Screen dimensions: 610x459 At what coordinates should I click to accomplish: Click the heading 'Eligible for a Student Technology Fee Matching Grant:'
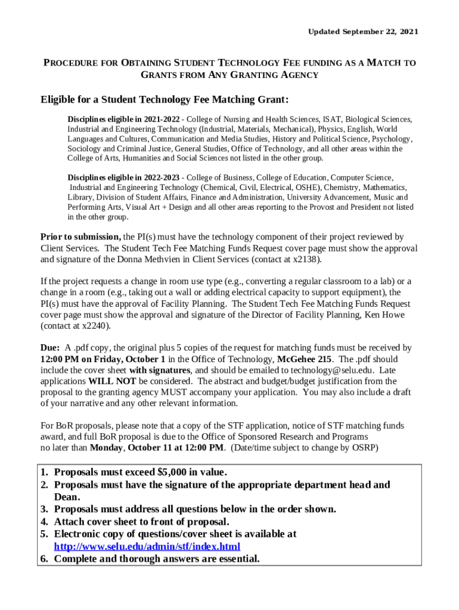[165, 99]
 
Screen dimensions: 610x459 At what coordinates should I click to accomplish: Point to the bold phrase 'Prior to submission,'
[80, 236]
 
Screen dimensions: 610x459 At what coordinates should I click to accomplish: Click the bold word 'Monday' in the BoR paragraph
[107, 447]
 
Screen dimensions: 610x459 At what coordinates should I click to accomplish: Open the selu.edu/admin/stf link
[147, 546]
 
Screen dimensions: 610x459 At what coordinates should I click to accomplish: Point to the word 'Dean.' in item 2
[67, 497]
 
